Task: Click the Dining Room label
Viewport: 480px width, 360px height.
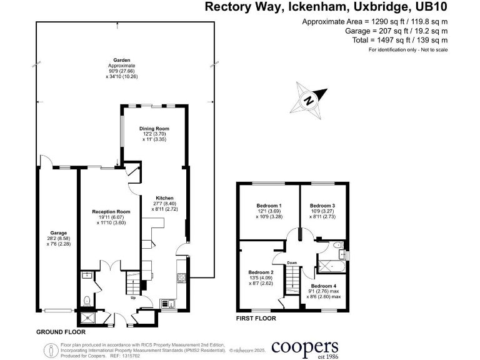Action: [154, 129]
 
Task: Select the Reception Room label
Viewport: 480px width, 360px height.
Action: [111, 212]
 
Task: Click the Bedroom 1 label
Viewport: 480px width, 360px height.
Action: [269, 206]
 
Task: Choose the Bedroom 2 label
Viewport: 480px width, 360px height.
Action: [261, 272]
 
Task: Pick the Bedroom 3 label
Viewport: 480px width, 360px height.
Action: [322, 206]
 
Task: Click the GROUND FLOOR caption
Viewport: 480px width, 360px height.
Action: [61, 331]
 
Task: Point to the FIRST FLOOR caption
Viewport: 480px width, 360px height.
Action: [256, 317]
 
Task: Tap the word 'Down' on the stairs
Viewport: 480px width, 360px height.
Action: [292, 262]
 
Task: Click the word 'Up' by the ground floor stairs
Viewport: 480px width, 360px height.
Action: [133, 297]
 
